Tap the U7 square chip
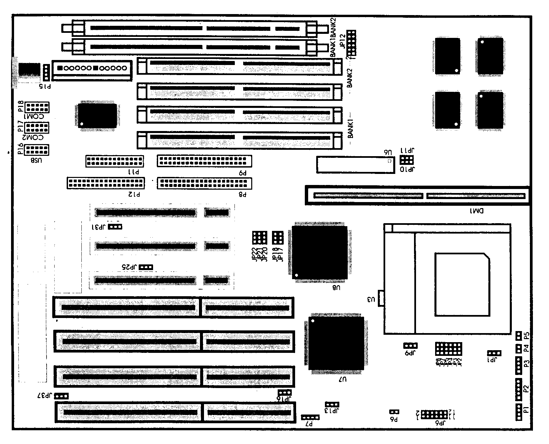click(x=336, y=343)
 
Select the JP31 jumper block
click(x=116, y=227)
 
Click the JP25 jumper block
click(x=146, y=267)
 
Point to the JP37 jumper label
click(x=45, y=396)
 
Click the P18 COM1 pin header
click(x=37, y=108)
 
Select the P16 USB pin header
click(x=37, y=150)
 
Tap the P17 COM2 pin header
click(x=37, y=128)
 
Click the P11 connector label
click(x=134, y=172)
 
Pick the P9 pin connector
click(x=204, y=161)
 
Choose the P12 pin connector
click(x=106, y=183)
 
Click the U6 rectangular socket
click(x=355, y=165)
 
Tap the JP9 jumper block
click(x=410, y=345)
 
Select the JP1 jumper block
click(x=494, y=353)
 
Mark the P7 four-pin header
click(x=310, y=418)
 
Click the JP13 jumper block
click(x=332, y=404)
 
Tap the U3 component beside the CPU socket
click(x=381, y=298)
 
